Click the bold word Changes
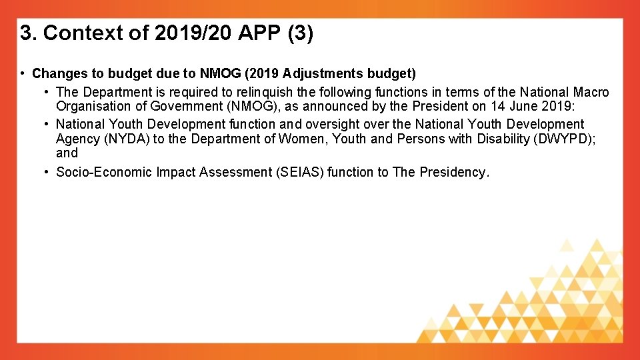click(x=57, y=73)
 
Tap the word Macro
click(x=591, y=92)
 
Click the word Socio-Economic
click(x=103, y=172)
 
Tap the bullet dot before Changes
click(x=23, y=73)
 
